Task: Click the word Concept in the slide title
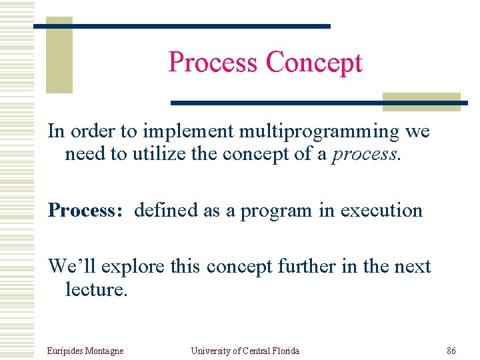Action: pos(313,63)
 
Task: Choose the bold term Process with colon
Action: pos(85,211)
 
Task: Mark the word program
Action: pos(276,211)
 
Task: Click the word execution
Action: pos(381,211)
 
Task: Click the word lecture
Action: pos(95,289)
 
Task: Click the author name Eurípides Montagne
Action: pos(85,351)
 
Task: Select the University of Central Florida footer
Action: pos(245,351)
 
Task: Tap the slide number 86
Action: pos(451,351)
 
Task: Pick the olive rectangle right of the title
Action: pos(421,101)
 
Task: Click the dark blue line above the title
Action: pos(181,26)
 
